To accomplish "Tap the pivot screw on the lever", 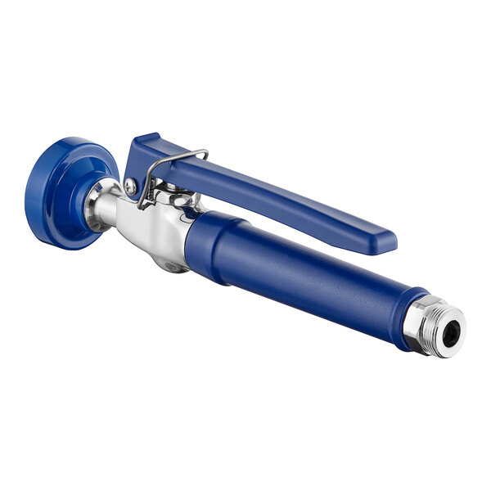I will (130, 187).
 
